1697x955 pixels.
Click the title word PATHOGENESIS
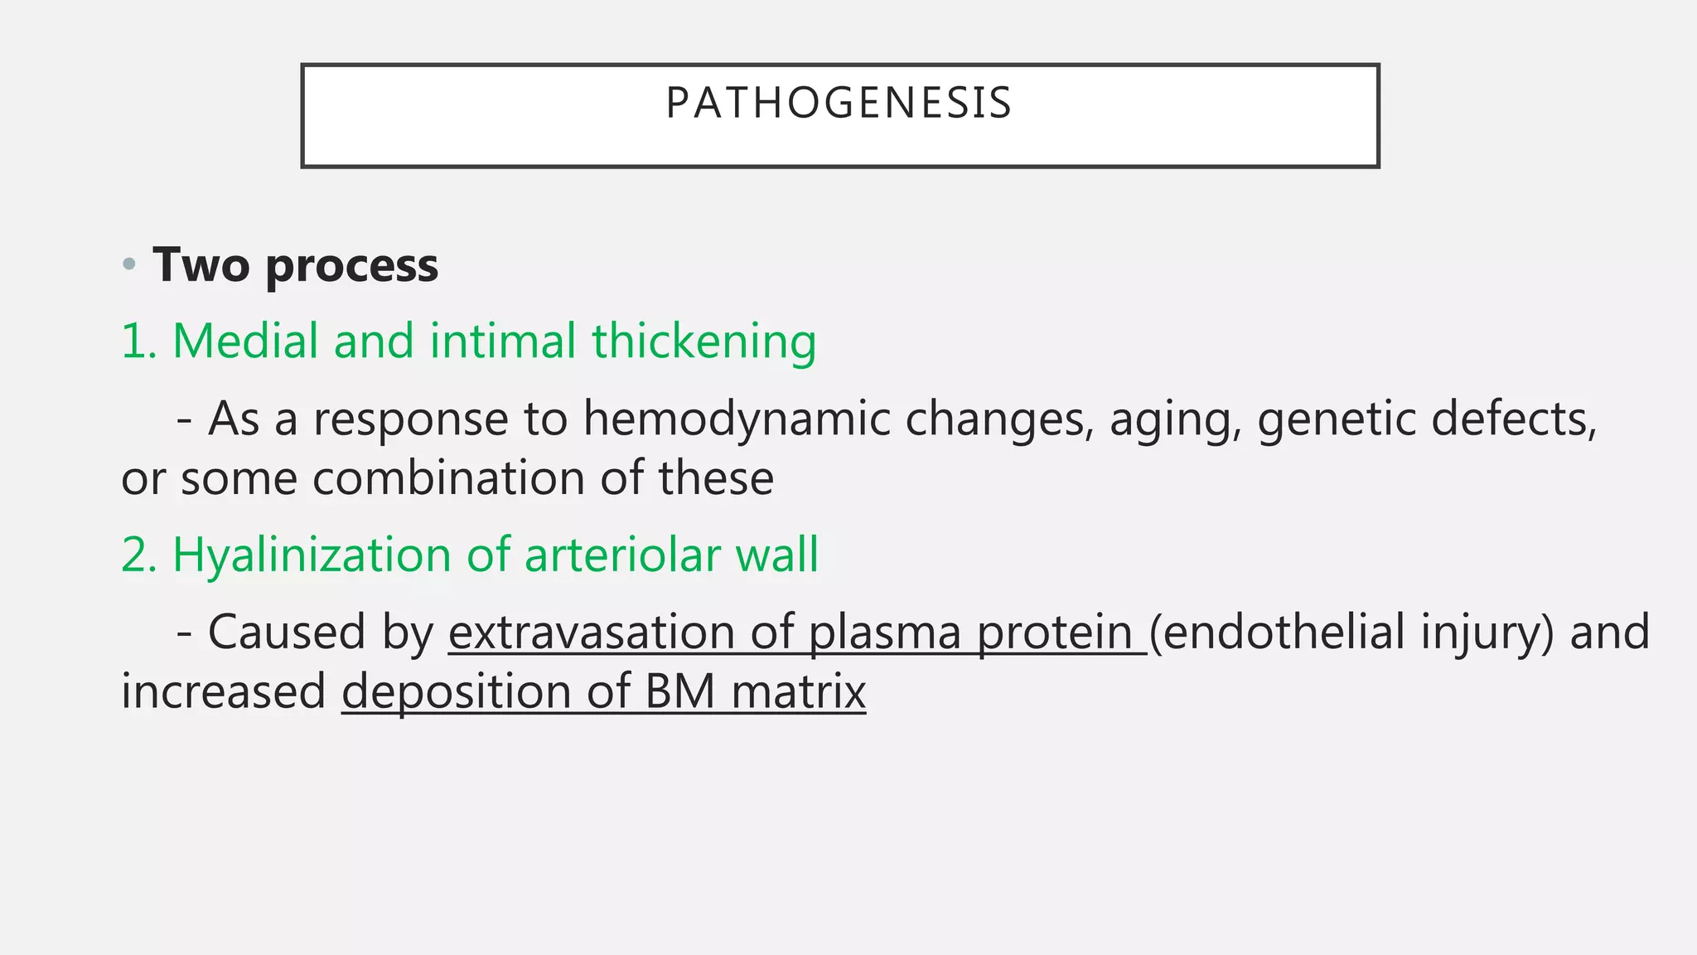tap(839, 104)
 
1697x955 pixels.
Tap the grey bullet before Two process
tap(128, 266)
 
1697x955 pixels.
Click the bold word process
tap(351, 267)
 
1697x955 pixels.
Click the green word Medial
tap(244, 342)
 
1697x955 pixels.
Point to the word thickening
tap(703, 342)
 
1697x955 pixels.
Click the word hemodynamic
tap(735, 419)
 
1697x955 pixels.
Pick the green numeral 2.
tap(138, 555)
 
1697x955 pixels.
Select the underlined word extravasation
tap(591, 633)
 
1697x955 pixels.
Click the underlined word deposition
tap(456, 693)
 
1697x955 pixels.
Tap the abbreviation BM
tap(679, 691)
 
